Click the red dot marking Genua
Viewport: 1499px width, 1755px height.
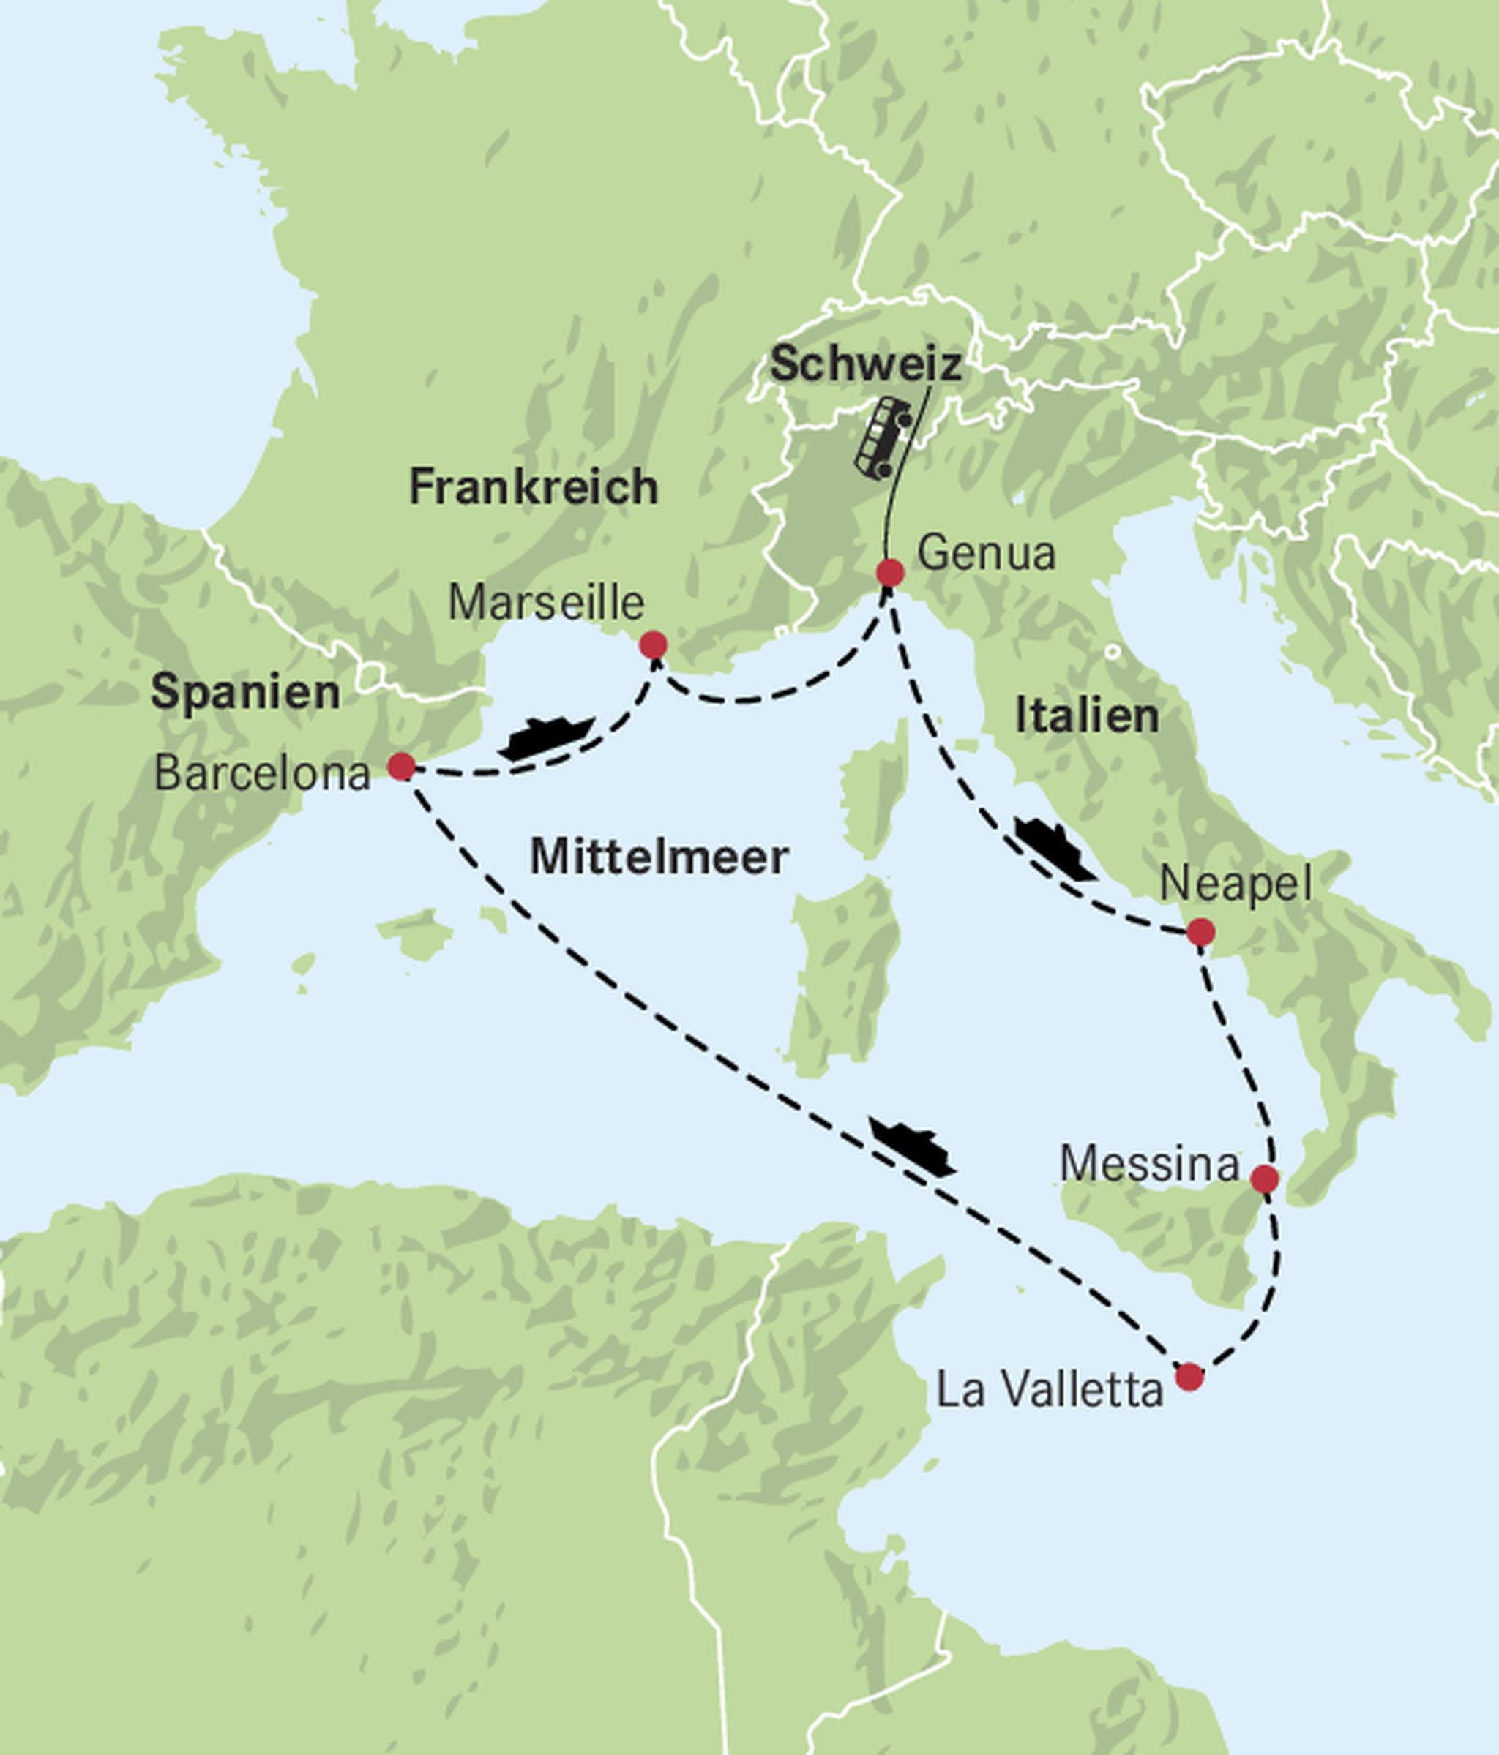pos(890,574)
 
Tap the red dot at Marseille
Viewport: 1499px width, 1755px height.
pos(652,645)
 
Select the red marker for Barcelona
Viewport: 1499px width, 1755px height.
pos(401,767)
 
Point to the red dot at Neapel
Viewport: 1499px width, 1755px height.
pos(1200,932)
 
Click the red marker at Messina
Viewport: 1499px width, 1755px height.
pos(1264,1179)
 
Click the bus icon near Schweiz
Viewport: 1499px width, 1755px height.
pos(883,436)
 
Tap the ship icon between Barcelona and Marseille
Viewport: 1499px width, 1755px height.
pos(547,737)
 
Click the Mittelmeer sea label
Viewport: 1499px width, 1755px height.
pos(659,857)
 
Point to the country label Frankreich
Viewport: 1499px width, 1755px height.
pos(533,487)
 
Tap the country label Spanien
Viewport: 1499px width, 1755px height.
pos(246,692)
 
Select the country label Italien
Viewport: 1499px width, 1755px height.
pos(1086,715)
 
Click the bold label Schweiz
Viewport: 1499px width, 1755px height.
pos(865,364)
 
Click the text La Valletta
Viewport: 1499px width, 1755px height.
pos(1049,1390)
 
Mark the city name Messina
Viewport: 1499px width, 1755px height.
pos(1149,1164)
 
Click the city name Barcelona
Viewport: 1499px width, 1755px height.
pos(263,773)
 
